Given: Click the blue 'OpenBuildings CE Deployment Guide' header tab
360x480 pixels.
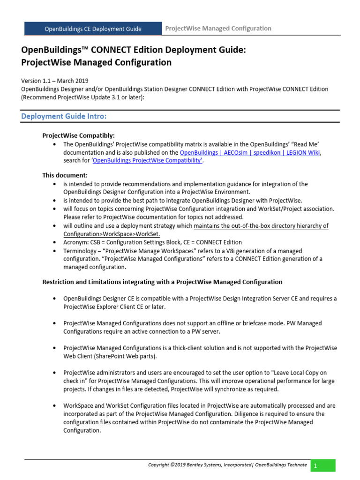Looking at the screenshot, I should coord(93,29).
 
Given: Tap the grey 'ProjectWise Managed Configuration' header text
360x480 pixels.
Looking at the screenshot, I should coord(218,29).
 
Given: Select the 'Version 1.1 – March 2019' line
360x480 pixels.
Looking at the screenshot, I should coord(55,81).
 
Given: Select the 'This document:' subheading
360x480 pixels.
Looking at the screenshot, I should coord(61,175).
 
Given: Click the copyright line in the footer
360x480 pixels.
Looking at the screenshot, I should coord(227,465).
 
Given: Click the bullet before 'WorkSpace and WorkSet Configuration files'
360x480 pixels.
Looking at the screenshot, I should coord(55,406).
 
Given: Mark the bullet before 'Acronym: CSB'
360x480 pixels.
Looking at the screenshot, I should coord(55,242).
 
